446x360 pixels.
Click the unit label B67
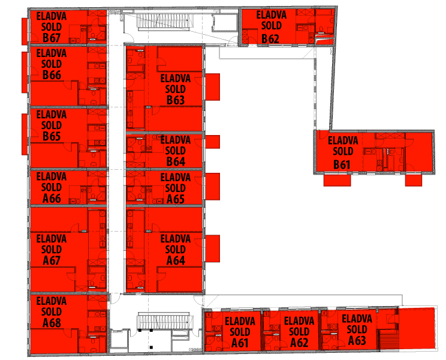[x=52, y=38]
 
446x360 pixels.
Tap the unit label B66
[x=52, y=75]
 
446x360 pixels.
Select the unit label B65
[x=52, y=136]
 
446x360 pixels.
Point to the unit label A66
[x=52, y=199]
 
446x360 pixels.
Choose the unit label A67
[x=52, y=260]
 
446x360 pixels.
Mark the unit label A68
[x=52, y=323]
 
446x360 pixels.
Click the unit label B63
[x=176, y=100]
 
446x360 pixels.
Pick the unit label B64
[x=176, y=161]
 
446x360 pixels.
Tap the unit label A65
[x=176, y=199]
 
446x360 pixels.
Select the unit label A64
[x=176, y=260]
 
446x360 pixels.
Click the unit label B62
[x=270, y=39]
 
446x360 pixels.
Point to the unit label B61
[x=342, y=165]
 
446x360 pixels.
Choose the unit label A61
[x=240, y=343]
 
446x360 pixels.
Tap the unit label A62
[x=299, y=343]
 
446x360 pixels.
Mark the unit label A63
[x=357, y=340]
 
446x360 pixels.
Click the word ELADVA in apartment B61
[x=343, y=140]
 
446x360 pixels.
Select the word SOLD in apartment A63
[x=357, y=329]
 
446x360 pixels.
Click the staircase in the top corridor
[x=162, y=22]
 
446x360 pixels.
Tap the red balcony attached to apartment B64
[x=212, y=142]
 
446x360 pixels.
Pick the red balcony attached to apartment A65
[x=212, y=187]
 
